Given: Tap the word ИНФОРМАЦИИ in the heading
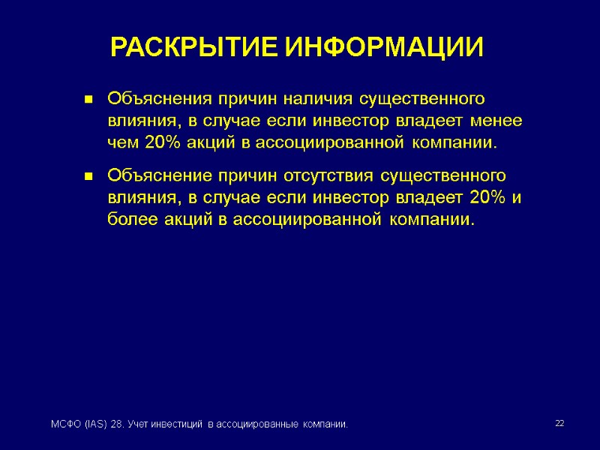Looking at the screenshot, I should (385, 48).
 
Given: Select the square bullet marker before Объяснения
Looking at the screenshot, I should (88, 99).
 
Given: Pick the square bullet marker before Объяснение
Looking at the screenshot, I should (88, 177).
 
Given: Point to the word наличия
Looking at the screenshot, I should (317, 99).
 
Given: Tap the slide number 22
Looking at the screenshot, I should (559, 424).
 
